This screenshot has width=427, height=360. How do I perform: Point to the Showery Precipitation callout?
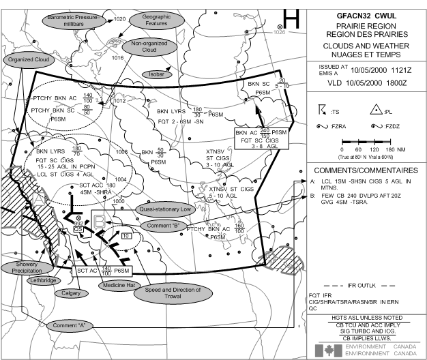[x=23, y=267]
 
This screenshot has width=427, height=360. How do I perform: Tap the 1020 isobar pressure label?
[x=120, y=20]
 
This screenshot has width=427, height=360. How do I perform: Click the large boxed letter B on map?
[x=100, y=220]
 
